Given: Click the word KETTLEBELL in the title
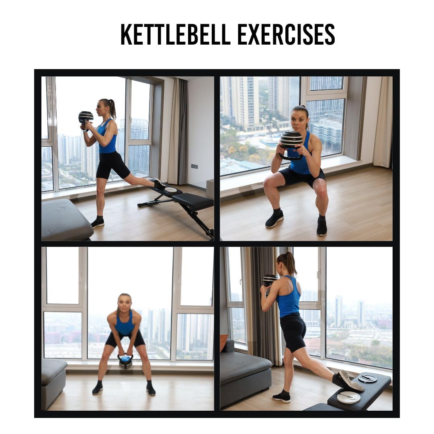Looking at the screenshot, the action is point(176,34).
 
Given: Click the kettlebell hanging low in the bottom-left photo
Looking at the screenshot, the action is point(125,362).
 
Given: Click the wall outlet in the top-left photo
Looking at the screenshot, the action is point(194,166).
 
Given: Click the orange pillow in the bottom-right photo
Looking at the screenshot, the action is point(223,342).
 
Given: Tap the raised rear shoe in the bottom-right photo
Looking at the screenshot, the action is point(347,381).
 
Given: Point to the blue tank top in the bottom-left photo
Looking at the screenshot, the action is point(125,324).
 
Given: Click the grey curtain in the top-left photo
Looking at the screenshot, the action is point(178,131).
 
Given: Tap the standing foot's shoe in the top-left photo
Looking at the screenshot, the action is point(98,222).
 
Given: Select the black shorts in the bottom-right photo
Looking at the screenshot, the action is point(293,331).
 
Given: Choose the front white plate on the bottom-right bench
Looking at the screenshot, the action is point(348,397).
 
